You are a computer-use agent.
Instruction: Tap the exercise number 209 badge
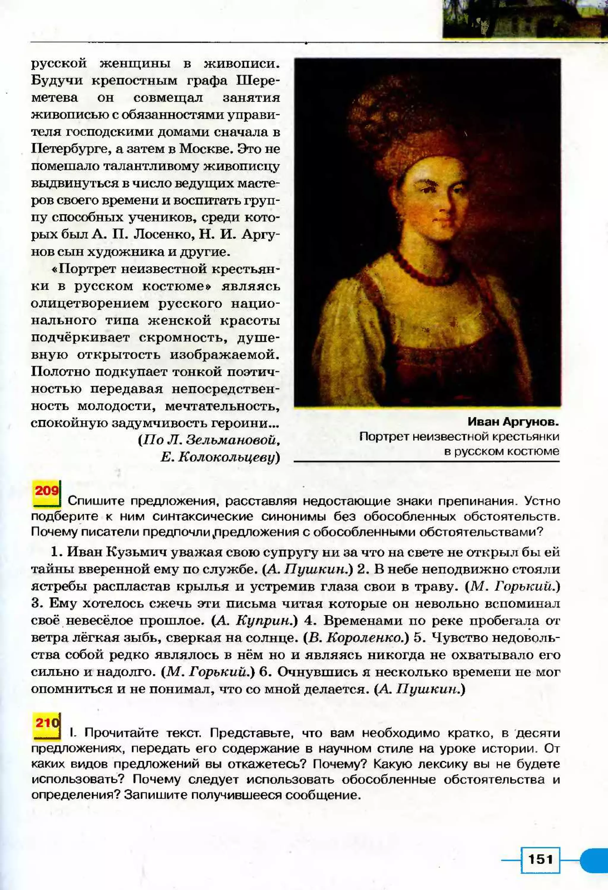[47, 491]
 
